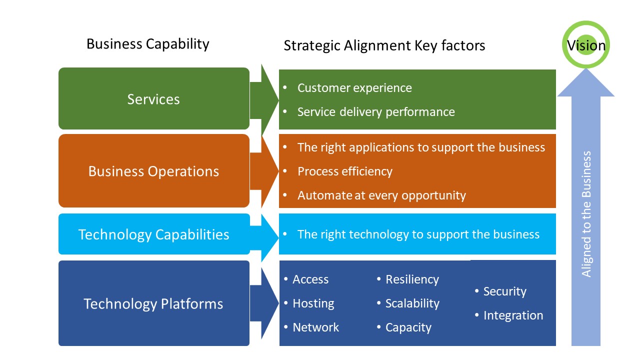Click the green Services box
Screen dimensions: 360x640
[153, 99]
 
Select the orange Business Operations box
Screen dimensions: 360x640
[153, 171]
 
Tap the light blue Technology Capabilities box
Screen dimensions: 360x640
[153, 234]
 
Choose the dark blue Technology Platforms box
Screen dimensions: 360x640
[153, 303]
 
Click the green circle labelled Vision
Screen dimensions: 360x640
[586, 45]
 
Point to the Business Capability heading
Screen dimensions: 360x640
[147, 44]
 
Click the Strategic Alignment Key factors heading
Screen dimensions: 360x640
[384, 45]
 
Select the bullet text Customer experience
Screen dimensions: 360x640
[354, 88]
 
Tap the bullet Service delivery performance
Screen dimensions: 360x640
[375, 111]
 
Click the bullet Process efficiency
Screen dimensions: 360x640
[344, 171]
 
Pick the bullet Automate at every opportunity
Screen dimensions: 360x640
[381, 195]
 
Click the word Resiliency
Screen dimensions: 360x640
[411, 279]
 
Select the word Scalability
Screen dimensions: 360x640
[412, 303]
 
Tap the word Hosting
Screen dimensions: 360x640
[313, 303]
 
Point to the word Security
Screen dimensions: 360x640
[504, 291]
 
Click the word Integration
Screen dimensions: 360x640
[512, 315]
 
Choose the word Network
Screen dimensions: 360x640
[315, 327]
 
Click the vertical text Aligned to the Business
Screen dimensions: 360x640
[586, 214]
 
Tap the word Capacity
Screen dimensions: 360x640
[408, 327]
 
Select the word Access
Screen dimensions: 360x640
[310, 279]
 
